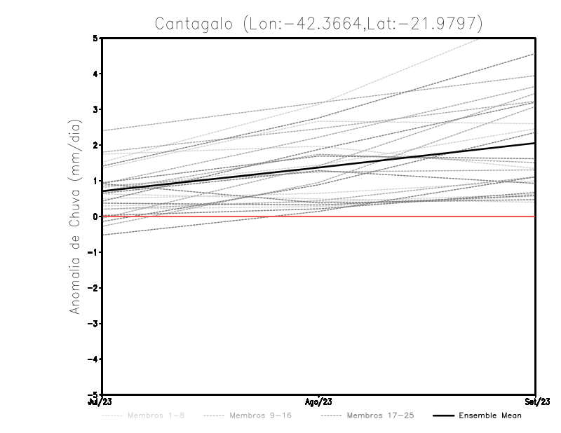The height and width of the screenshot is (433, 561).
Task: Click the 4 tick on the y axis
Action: click(x=95, y=74)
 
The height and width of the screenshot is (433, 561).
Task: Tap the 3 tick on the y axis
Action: click(x=95, y=109)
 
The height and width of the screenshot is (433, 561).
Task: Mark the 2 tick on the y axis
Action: click(x=95, y=145)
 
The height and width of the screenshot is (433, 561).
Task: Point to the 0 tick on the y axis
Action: click(x=95, y=216)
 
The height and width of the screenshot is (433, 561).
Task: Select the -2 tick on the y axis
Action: click(x=93, y=288)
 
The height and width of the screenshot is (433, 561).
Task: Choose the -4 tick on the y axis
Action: click(x=93, y=359)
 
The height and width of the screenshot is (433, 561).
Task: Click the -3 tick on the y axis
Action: click(x=93, y=324)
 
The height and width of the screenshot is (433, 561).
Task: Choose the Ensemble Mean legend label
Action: click(x=490, y=415)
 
